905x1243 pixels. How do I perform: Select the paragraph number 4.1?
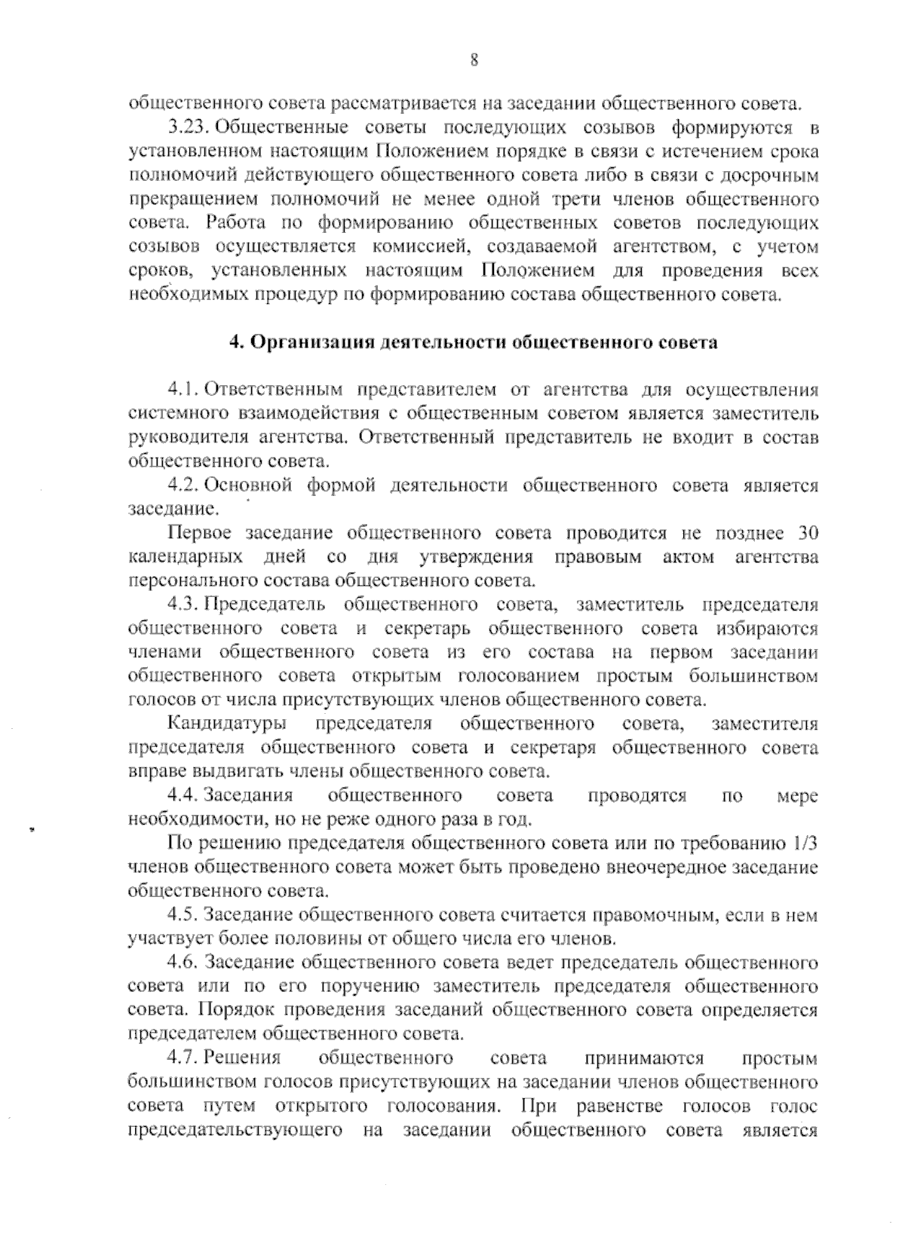(x=183, y=390)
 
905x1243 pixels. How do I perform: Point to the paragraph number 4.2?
(x=183, y=485)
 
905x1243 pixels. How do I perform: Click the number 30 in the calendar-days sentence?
(x=807, y=533)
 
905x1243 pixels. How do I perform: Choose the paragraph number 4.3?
(x=183, y=605)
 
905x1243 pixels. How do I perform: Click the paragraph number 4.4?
(x=183, y=796)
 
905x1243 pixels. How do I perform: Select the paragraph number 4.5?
(x=183, y=916)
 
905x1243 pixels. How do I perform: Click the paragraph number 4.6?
(x=183, y=963)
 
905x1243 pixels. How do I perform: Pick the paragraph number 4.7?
(x=183, y=1059)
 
